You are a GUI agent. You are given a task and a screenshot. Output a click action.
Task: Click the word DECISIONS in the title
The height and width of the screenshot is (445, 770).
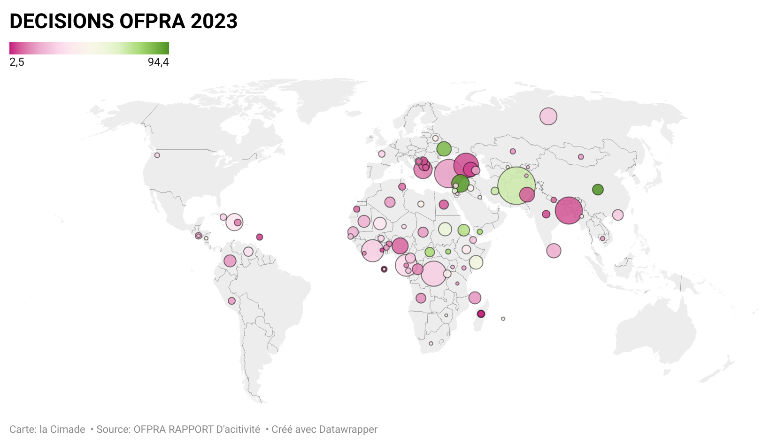(x=62, y=22)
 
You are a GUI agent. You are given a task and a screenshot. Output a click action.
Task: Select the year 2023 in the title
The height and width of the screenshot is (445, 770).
(x=214, y=22)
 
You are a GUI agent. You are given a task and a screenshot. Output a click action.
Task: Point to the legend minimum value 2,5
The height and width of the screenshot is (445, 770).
(x=17, y=62)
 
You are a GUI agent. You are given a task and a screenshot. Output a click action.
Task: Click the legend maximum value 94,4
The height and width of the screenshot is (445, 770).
(x=158, y=62)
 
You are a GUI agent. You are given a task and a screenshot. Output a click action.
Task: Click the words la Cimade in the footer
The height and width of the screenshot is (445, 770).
(x=62, y=430)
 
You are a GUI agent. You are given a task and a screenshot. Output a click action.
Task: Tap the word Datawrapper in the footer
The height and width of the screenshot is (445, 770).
(x=347, y=430)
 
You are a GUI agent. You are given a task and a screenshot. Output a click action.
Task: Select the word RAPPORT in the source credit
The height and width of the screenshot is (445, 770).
(x=193, y=430)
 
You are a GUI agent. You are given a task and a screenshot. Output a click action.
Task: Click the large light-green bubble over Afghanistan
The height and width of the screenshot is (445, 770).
(x=516, y=185)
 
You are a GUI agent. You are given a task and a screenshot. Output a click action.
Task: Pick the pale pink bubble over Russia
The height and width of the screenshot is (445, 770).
(x=548, y=116)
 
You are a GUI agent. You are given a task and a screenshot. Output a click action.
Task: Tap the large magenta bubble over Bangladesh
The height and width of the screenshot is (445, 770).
(x=569, y=210)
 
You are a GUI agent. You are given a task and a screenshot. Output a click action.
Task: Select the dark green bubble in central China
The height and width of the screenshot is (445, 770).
(x=598, y=190)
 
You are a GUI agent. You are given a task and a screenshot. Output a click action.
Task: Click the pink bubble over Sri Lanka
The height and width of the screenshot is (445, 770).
(x=554, y=251)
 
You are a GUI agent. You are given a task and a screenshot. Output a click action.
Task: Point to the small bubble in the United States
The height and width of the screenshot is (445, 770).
(x=157, y=155)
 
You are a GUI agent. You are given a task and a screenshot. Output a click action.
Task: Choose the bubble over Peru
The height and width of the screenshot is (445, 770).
(x=231, y=301)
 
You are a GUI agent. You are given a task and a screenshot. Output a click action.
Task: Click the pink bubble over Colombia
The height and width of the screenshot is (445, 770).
(x=230, y=261)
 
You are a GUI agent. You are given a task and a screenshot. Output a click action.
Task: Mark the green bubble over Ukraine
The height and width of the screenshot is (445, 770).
(x=444, y=149)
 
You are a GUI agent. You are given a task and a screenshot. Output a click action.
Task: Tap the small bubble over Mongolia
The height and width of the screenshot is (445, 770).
(x=581, y=157)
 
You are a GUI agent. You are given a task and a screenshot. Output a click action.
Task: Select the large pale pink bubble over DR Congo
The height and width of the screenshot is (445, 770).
(x=433, y=274)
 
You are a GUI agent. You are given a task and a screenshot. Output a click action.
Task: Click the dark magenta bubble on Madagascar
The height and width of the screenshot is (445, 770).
(x=481, y=314)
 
